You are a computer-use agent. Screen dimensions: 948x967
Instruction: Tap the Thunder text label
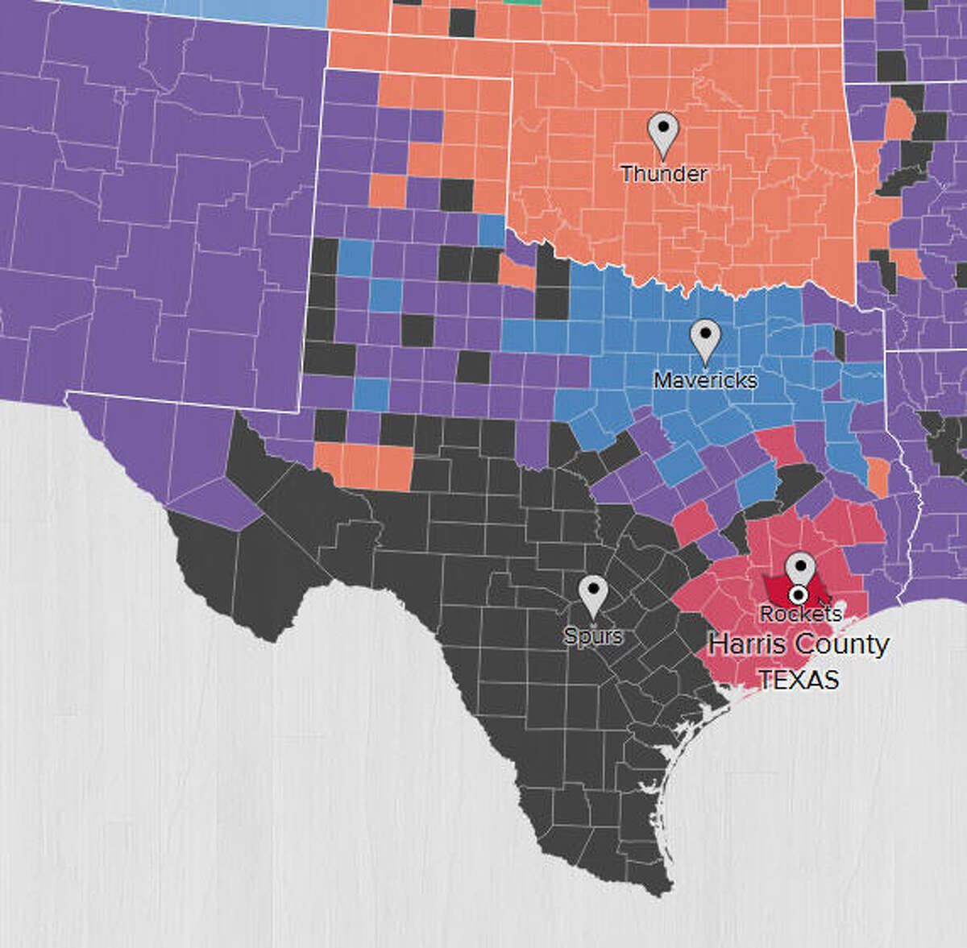pyautogui.click(x=664, y=173)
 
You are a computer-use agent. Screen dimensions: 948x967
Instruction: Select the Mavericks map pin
pyautogui.click(x=706, y=341)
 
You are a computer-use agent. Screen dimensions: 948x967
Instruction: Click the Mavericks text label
pyautogui.click(x=705, y=380)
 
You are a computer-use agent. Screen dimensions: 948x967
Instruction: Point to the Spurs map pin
pyautogui.click(x=594, y=596)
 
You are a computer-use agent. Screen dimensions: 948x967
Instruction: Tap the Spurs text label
pyautogui.click(x=594, y=636)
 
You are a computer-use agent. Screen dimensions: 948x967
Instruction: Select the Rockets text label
pyautogui.click(x=801, y=614)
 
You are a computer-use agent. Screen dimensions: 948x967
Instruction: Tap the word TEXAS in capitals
pyautogui.click(x=799, y=680)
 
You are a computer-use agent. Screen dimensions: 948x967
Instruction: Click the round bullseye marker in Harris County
pyautogui.click(x=799, y=595)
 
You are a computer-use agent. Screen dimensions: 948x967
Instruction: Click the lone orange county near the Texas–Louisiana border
pyautogui.click(x=878, y=477)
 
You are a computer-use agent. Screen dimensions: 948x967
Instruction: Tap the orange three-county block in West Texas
pyautogui.click(x=363, y=466)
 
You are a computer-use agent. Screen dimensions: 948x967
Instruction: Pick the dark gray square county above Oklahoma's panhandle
pyautogui.click(x=462, y=23)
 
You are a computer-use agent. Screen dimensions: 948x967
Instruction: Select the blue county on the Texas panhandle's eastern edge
pyautogui.click(x=491, y=230)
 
